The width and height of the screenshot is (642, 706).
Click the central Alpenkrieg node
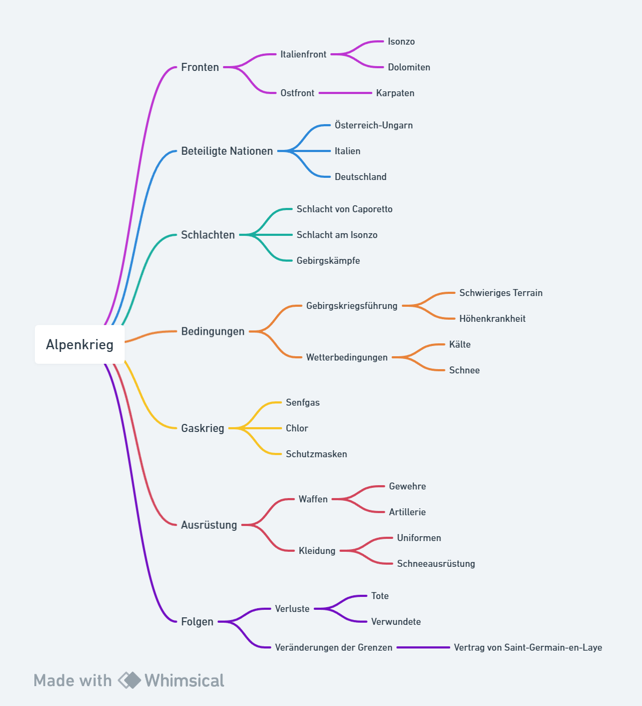click(80, 344)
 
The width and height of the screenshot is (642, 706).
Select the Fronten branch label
click(200, 67)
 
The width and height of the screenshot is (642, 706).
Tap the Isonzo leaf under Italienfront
click(401, 41)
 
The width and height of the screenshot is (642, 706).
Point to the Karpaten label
click(395, 93)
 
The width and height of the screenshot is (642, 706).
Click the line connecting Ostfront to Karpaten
click(345, 93)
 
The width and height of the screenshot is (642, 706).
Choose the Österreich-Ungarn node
click(373, 125)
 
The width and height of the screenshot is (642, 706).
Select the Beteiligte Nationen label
click(227, 151)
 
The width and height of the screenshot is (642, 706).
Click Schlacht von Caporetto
click(344, 209)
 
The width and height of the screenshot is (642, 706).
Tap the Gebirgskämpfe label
click(328, 261)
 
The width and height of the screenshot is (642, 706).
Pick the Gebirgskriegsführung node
click(352, 306)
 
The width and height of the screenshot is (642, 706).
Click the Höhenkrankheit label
click(492, 319)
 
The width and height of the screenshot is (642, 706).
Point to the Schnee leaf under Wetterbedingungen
click(464, 370)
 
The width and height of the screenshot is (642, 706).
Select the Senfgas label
click(302, 402)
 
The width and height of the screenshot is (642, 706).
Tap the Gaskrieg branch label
click(203, 428)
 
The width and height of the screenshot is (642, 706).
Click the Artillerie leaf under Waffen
click(407, 512)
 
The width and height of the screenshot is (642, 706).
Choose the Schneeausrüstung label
click(436, 564)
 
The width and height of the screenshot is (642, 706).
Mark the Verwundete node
click(396, 622)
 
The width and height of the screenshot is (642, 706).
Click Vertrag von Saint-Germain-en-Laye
click(528, 647)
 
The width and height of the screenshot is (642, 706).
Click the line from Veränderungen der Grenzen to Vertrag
click(423, 647)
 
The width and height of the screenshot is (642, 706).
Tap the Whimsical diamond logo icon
click(129, 680)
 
